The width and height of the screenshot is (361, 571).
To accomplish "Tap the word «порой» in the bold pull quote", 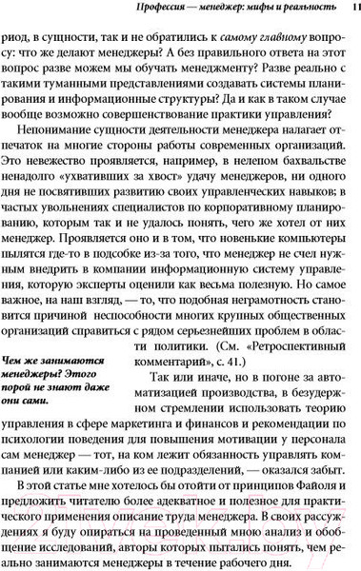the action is (x=31, y=397).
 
